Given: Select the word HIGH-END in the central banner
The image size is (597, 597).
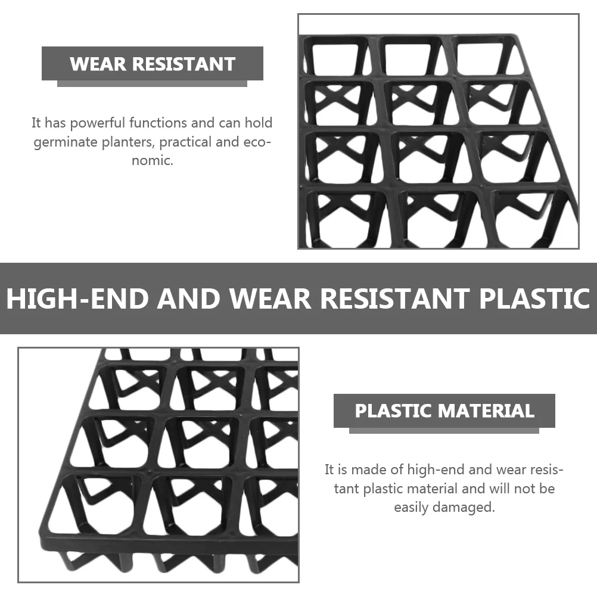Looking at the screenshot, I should [77, 298].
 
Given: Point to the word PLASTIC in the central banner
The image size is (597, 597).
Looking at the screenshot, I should [534, 298].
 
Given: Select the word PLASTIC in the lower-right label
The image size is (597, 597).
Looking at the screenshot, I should [393, 411].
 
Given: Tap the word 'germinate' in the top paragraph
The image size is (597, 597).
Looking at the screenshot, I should [62, 142].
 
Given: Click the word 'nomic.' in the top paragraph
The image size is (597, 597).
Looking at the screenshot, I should [153, 161].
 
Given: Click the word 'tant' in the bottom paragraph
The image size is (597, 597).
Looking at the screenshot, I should [347, 489].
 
